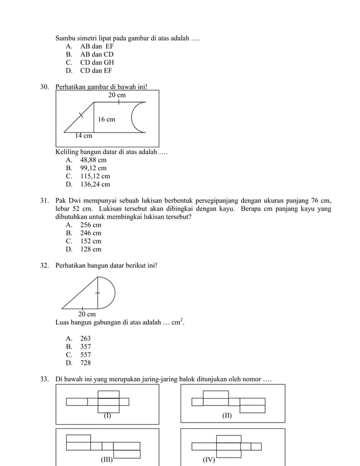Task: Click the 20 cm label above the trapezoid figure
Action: pos(117,96)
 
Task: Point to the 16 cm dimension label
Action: pos(106,120)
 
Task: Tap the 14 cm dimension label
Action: pos(84,135)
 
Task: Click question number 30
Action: pos(45,87)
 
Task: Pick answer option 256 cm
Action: pos(90,225)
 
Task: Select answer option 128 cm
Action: pos(90,249)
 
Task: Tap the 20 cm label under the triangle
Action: pos(87,314)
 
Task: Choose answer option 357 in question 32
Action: pos(85,347)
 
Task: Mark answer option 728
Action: pos(85,363)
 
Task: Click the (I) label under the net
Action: pos(107,416)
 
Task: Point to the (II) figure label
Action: pos(226,416)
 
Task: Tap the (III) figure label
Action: pos(107,460)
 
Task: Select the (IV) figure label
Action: pos(209,460)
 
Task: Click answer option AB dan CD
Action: pos(96,55)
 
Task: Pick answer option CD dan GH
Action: pos(97,63)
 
